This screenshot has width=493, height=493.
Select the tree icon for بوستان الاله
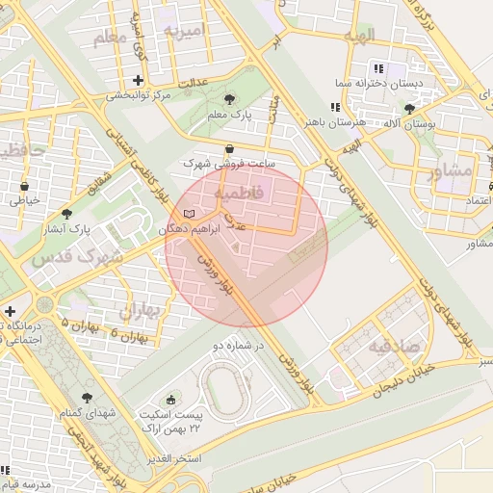click(410, 109)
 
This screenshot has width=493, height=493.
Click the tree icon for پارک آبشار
click(66, 214)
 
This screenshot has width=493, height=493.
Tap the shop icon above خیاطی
click(24, 186)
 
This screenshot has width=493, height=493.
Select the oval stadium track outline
click(227, 389)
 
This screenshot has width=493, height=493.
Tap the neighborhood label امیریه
click(186, 31)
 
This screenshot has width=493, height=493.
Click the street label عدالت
click(190, 85)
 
